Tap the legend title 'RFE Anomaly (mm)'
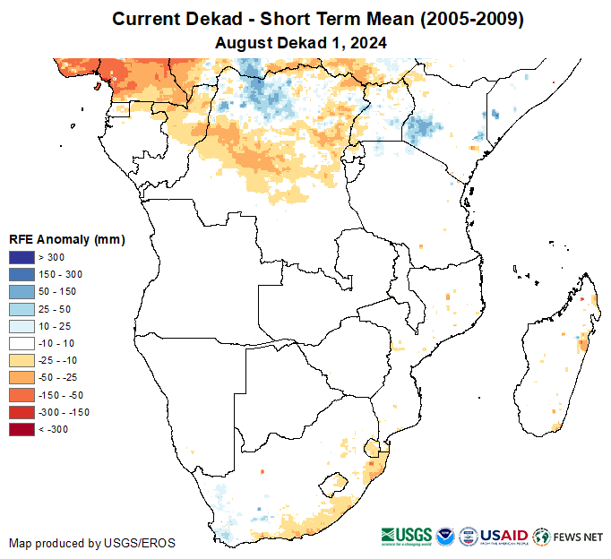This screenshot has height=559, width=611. pos(66,239)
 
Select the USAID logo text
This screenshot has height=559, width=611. pos(504,536)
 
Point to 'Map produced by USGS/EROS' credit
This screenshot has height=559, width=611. pos(91,543)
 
